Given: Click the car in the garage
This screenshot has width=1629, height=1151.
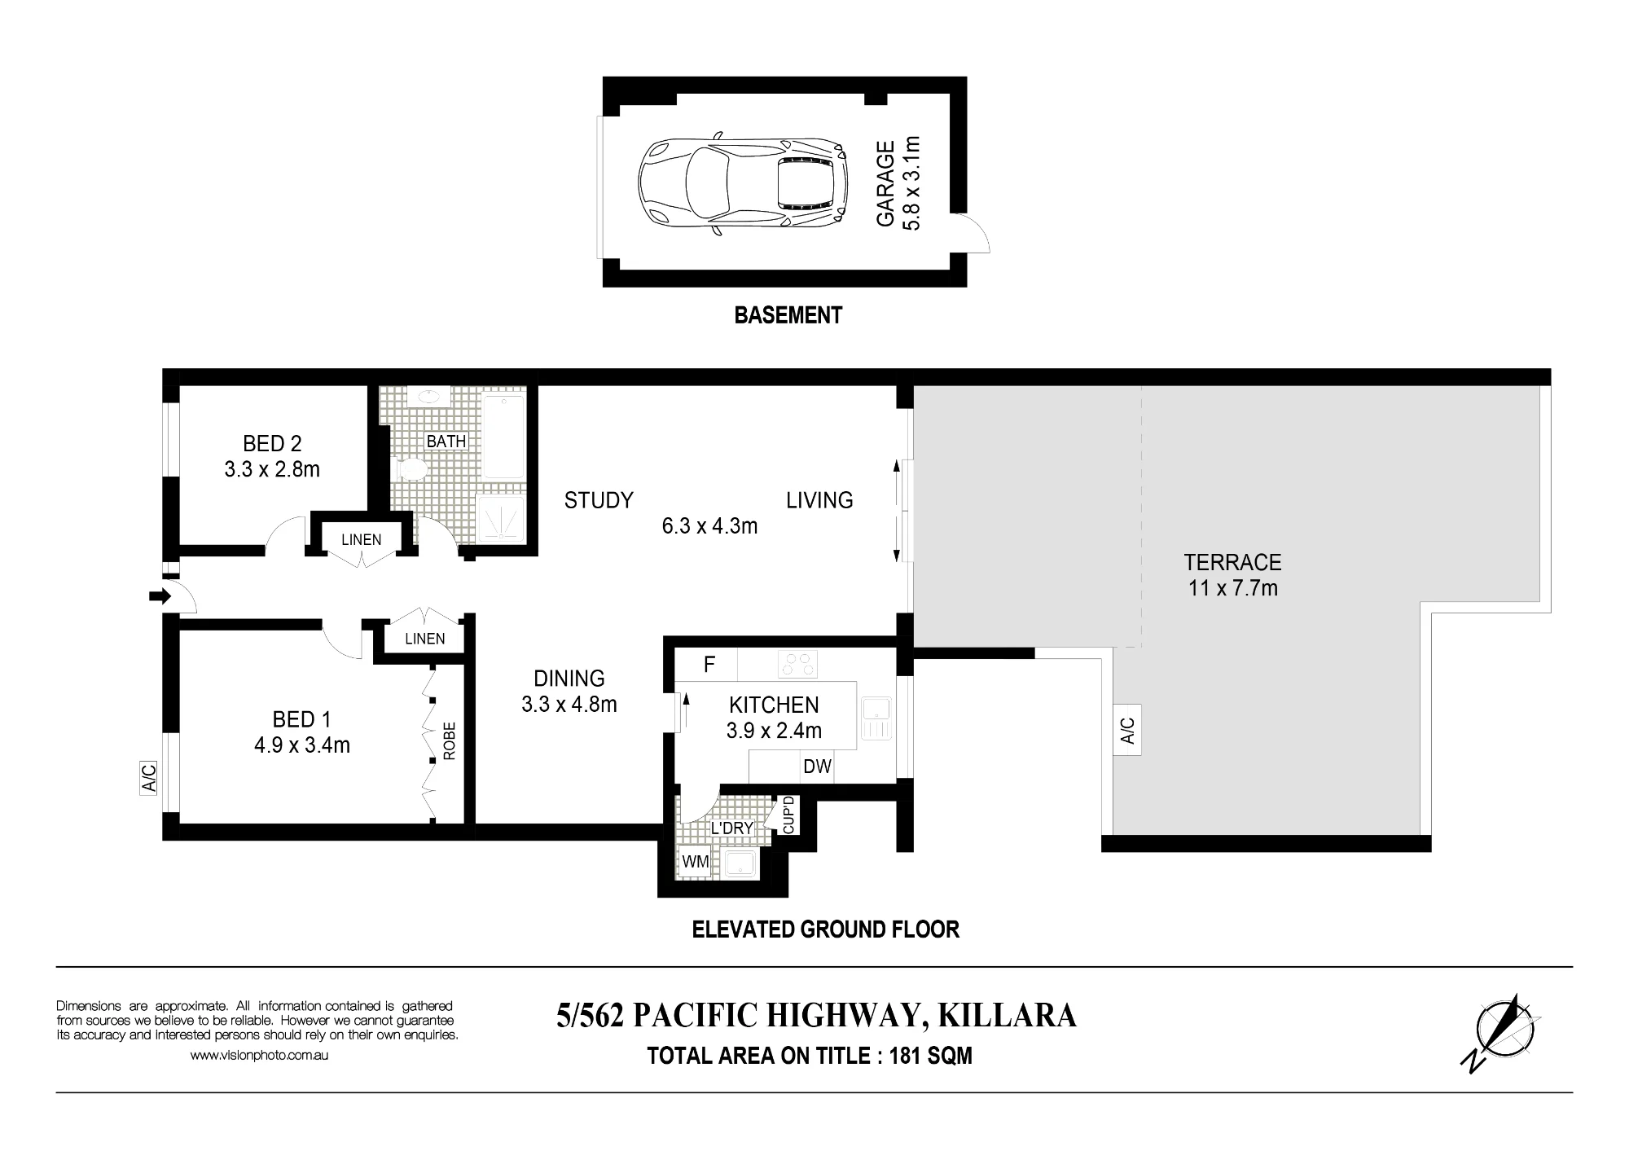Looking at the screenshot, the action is [x=741, y=185].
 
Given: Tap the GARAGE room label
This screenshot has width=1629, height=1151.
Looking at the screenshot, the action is [x=885, y=185].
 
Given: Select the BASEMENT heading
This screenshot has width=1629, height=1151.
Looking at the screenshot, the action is [x=788, y=315].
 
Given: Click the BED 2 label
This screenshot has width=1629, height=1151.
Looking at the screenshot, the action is [x=272, y=444].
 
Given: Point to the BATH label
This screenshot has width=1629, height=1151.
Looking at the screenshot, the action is [x=446, y=442].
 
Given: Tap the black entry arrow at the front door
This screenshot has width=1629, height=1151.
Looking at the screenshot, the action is [x=160, y=597].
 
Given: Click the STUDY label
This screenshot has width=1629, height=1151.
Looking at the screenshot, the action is [x=599, y=500].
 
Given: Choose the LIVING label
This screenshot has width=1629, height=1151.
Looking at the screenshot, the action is [x=819, y=500].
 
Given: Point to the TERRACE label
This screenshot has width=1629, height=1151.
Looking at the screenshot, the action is [x=1232, y=562].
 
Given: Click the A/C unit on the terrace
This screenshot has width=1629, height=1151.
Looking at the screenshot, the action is [x=1127, y=730].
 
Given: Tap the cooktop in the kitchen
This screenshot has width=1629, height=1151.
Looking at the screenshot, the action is [x=797, y=664].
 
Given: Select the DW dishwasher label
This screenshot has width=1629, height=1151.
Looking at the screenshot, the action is [x=817, y=767].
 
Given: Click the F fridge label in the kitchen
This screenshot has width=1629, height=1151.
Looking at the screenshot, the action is [x=709, y=665].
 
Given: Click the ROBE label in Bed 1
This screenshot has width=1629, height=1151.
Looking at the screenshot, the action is [x=450, y=741].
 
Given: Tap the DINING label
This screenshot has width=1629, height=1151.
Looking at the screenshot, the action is [x=569, y=679].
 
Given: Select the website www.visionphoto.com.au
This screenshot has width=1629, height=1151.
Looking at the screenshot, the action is [x=259, y=1055].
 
